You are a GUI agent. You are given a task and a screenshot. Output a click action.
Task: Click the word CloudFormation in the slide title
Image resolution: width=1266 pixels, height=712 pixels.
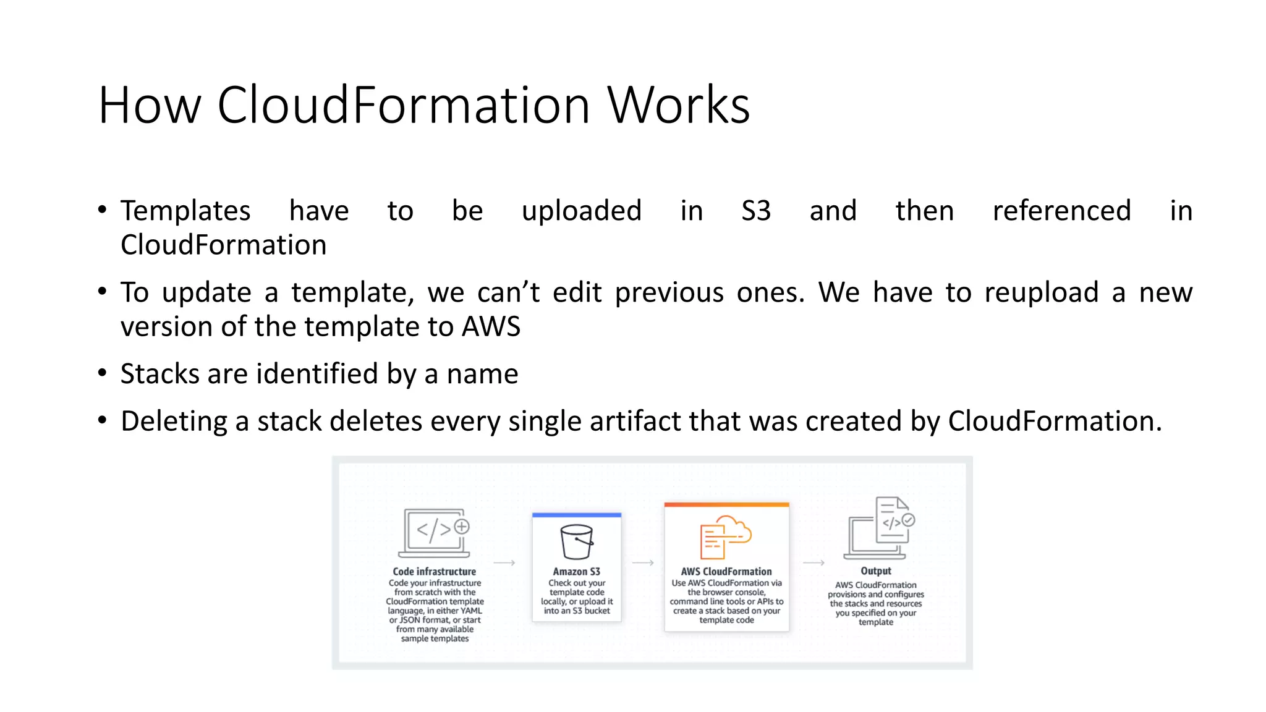tap(403, 105)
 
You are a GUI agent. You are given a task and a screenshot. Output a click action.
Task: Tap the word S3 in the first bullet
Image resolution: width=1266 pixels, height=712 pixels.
tap(756, 211)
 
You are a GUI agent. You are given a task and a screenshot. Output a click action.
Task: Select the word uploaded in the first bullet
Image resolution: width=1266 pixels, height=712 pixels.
tap(581, 211)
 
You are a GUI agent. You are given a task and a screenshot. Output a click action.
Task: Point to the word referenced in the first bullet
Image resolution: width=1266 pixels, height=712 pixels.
tap(1061, 211)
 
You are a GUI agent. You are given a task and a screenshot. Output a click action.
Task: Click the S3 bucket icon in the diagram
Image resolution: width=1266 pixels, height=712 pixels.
tap(577, 541)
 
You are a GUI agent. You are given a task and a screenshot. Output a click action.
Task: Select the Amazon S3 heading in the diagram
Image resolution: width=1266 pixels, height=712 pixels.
tap(576, 572)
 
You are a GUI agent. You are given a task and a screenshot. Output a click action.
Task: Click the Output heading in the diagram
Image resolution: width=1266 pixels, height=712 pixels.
tap(876, 571)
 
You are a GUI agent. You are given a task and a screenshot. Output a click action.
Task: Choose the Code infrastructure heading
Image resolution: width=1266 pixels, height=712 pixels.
tap(435, 572)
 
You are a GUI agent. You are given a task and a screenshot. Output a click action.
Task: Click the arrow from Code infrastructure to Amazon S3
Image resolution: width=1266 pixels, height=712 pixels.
tap(504, 562)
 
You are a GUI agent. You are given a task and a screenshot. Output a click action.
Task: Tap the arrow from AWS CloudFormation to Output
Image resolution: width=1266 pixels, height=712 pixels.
tap(814, 562)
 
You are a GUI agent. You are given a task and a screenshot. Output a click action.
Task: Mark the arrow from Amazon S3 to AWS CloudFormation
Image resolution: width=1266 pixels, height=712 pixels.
tap(643, 562)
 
